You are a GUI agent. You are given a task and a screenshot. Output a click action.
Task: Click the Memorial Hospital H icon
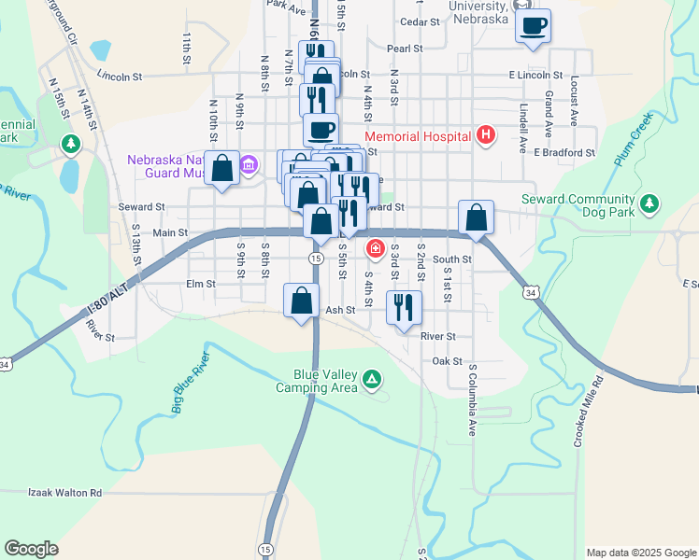point(485,136)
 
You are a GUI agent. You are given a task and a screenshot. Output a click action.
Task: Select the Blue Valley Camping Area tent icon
point(372,379)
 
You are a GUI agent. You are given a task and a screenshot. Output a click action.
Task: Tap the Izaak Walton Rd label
point(64,492)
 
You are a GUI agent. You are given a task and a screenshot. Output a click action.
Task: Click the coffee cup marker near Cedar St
point(533,26)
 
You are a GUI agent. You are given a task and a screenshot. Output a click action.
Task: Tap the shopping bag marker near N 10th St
point(222,169)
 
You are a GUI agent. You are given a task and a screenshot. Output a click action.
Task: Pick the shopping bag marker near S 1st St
point(476,217)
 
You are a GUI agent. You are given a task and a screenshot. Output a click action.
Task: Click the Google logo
point(31,549)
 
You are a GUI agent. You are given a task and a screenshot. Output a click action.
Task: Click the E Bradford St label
point(564,152)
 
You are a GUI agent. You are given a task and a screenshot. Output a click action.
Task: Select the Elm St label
point(201,284)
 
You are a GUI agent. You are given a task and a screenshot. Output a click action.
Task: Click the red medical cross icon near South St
point(376,248)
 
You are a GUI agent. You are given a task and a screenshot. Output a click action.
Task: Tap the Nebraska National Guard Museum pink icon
point(248,167)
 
